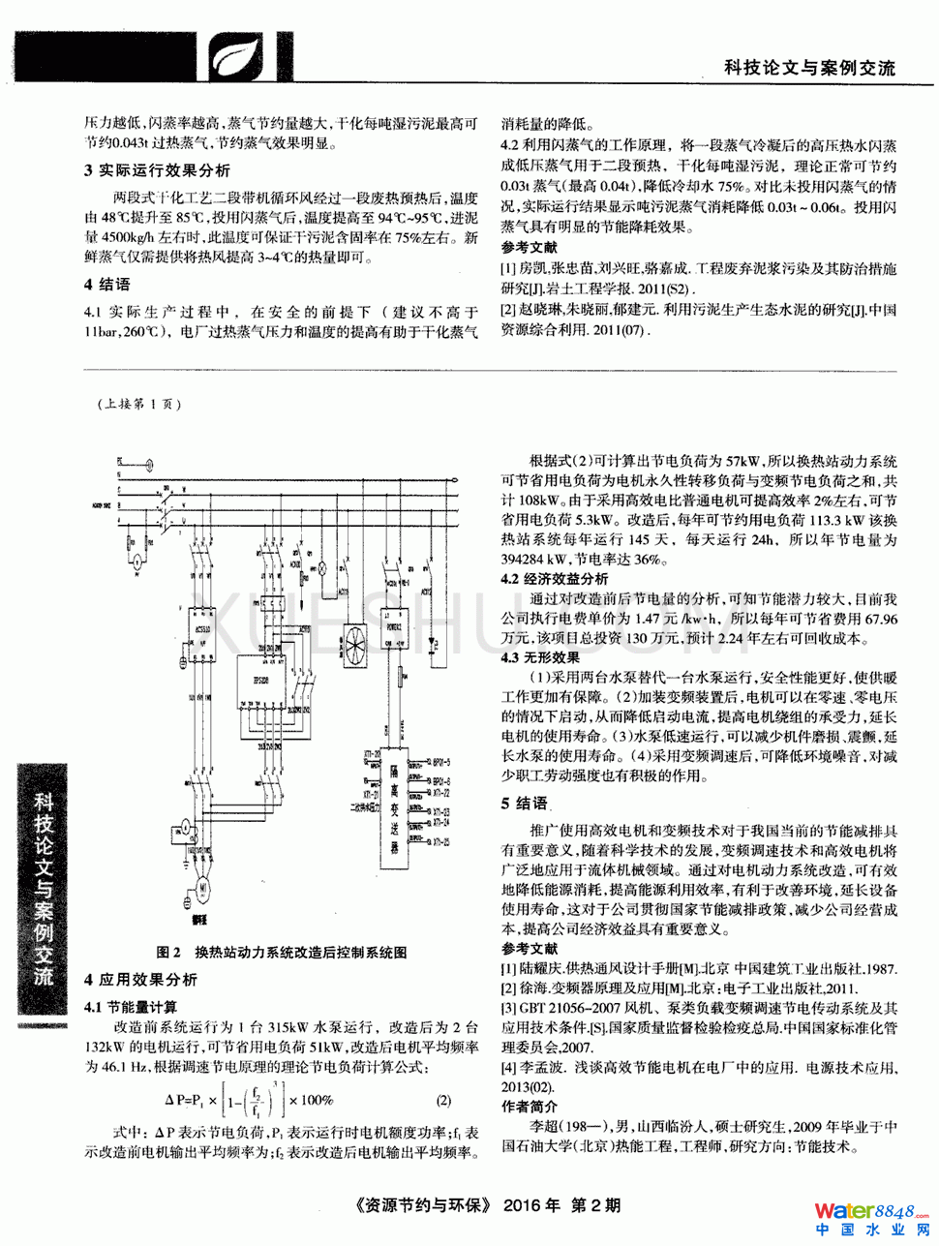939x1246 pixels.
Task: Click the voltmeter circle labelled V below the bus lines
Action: [137, 561]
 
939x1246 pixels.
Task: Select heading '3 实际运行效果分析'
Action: [157, 170]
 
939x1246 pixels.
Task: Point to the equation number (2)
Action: [443, 1101]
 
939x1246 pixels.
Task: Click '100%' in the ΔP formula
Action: [316, 1100]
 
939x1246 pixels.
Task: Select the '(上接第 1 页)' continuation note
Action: [138, 405]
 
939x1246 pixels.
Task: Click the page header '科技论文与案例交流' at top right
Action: [809, 68]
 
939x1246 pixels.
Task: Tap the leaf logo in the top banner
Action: [230, 55]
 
